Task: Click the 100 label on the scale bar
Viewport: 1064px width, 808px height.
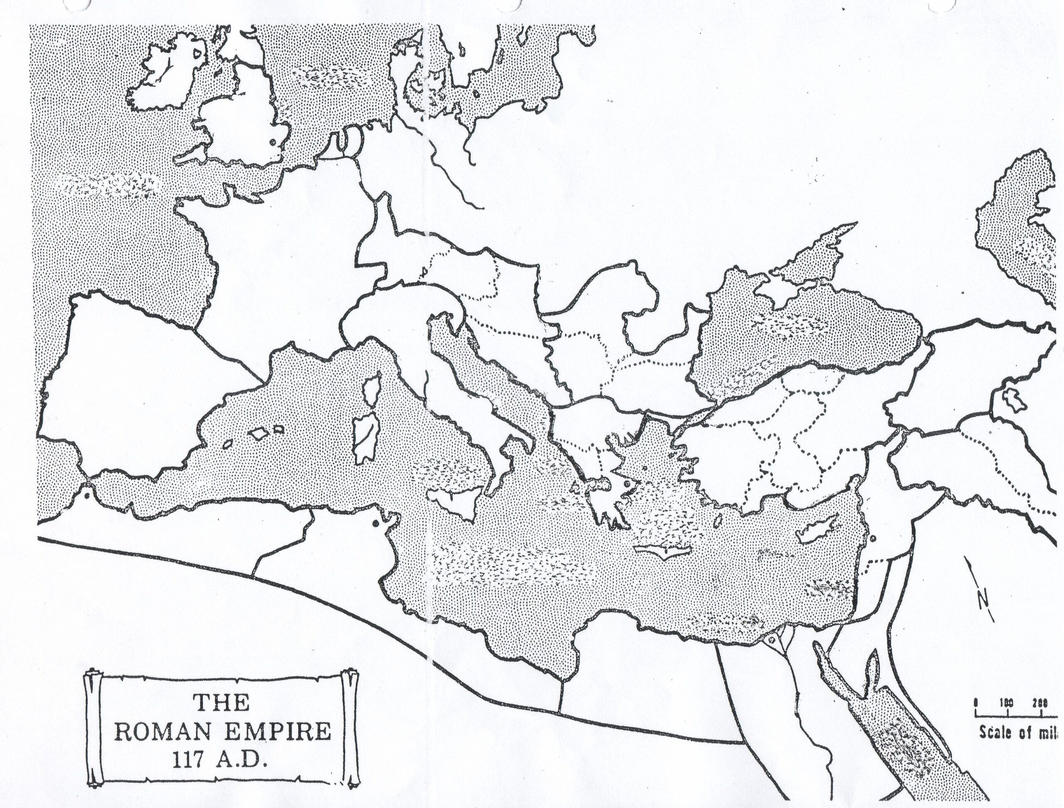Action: [x=1007, y=703]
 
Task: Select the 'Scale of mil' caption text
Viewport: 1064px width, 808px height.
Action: [x=1020, y=732]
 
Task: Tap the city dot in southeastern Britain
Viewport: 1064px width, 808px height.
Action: [x=273, y=142]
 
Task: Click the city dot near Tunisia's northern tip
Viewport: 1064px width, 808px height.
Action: [x=375, y=524]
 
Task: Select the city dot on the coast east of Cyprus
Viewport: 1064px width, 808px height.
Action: [x=872, y=538]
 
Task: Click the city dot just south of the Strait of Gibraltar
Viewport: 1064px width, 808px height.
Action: [x=86, y=494]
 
